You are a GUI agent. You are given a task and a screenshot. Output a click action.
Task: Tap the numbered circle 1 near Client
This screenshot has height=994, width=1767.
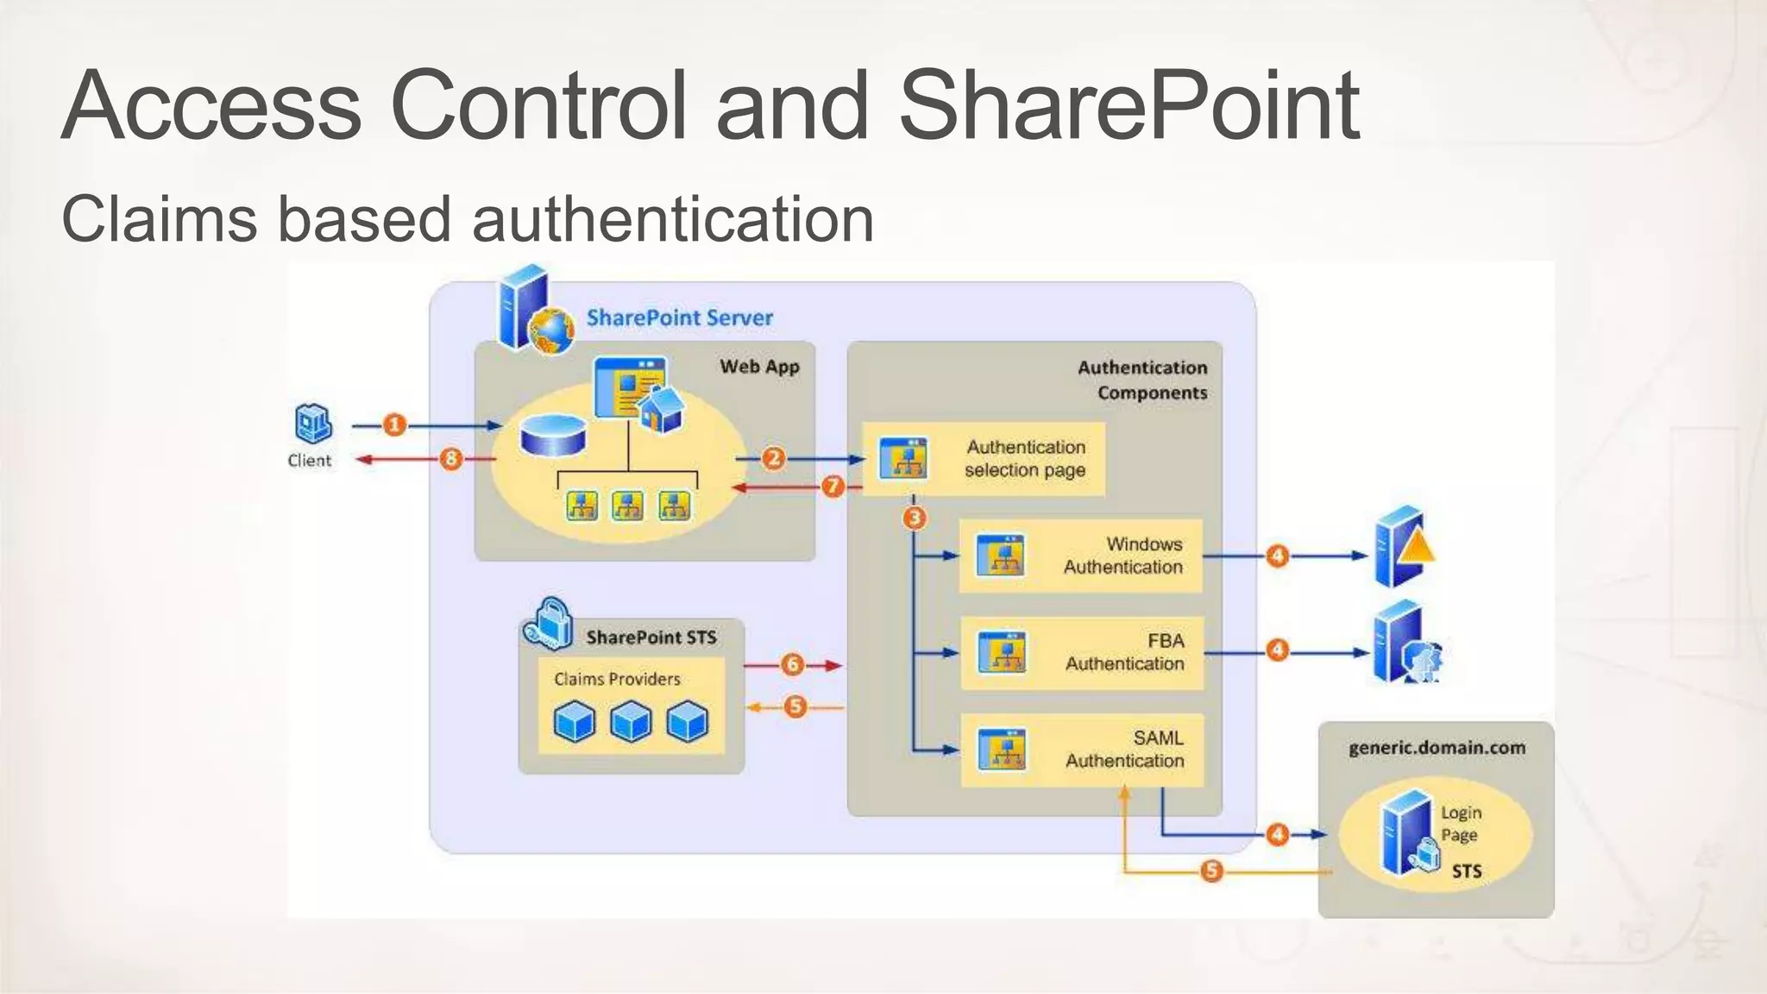tap(394, 425)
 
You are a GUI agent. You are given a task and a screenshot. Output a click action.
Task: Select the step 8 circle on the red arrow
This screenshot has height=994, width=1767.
tap(450, 458)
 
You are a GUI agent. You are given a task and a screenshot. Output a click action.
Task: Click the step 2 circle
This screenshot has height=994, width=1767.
tap(773, 458)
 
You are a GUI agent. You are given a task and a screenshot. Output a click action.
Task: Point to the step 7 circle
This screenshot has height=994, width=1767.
tap(833, 487)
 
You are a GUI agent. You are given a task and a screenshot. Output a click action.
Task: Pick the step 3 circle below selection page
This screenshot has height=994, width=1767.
tap(915, 518)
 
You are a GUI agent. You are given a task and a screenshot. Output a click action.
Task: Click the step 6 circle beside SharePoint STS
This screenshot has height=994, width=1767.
tap(792, 664)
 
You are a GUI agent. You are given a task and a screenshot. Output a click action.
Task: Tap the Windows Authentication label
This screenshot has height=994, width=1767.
tap(1122, 556)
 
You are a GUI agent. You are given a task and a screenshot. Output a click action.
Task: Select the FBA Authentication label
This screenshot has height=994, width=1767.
tap(1124, 652)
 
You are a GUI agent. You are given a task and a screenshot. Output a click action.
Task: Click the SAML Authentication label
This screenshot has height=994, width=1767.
tap(1124, 749)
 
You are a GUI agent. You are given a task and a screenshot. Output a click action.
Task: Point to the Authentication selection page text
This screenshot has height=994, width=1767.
tap(1025, 458)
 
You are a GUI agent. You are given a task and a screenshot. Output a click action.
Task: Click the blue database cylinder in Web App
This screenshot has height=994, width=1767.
tap(553, 436)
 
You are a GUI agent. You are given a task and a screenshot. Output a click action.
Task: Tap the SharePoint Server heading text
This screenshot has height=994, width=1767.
tap(679, 318)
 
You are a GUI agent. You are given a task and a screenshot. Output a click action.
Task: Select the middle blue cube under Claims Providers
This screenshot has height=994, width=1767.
tap(631, 721)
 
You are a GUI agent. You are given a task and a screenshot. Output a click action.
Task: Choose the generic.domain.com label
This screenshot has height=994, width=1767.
tap(1437, 748)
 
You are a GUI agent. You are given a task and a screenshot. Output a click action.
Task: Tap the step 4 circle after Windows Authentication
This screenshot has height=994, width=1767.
tap(1277, 556)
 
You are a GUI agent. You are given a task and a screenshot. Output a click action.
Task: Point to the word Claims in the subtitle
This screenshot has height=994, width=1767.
tap(160, 219)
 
